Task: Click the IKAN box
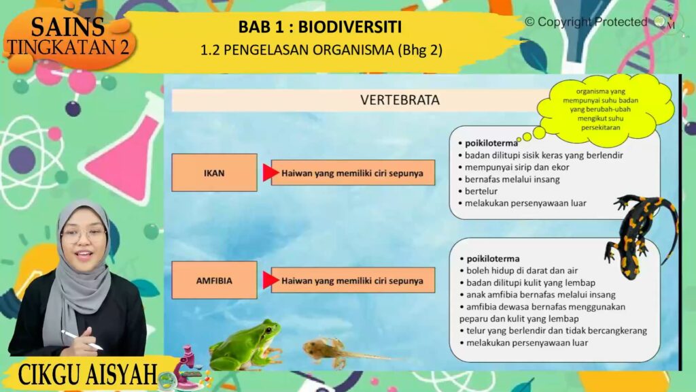pyautogui.click(x=214, y=173)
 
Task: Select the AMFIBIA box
pyautogui.click(x=214, y=280)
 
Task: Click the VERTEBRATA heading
pyautogui.click(x=400, y=100)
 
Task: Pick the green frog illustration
pyautogui.click(x=246, y=345)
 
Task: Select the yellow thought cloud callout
pyautogui.click(x=604, y=109)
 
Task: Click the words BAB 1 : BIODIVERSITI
pyautogui.click(x=320, y=27)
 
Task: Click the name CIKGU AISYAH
pyautogui.click(x=88, y=375)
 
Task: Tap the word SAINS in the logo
pyautogui.click(x=68, y=27)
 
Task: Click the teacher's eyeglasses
pyautogui.click(x=84, y=235)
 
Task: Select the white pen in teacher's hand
pyautogui.click(x=82, y=340)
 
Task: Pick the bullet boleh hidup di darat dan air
pyautogui.click(x=519, y=270)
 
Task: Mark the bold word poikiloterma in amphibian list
pyautogui.click(x=493, y=259)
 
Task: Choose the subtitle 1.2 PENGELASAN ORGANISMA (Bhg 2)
pyautogui.click(x=321, y=50)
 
